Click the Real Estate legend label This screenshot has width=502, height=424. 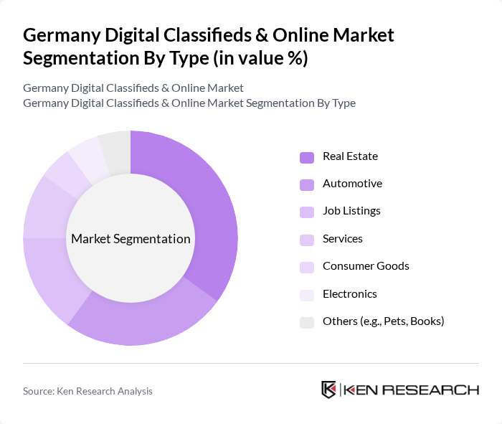(350, 156)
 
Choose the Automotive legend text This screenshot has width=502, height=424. (352, 184)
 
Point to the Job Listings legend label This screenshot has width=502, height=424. (351, 211)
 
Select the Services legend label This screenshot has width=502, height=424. (342, 239)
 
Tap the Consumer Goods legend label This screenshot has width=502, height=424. (366, 266)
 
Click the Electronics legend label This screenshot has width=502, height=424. (349, 294)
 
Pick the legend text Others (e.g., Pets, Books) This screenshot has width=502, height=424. (383, 321)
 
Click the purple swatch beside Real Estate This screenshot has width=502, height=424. (307, 157)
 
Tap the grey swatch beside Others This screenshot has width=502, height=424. (307, 322)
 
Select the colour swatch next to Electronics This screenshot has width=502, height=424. (307, 295)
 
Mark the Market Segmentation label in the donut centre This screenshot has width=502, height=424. (131, 239)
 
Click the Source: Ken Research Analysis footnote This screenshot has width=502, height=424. (87, 391)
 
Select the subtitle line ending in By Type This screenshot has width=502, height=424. (189, 103)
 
